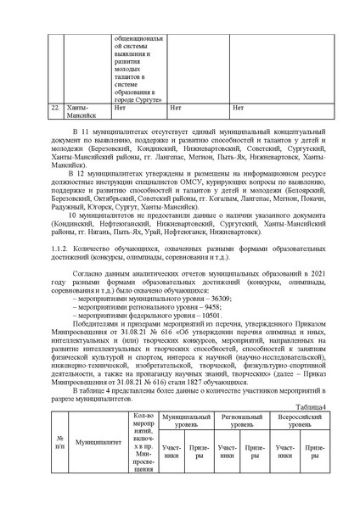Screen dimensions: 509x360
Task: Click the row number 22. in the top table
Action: [55, 109]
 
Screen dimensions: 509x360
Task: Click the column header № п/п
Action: [59, 442]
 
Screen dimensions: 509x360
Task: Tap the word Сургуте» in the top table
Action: [141, 98]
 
